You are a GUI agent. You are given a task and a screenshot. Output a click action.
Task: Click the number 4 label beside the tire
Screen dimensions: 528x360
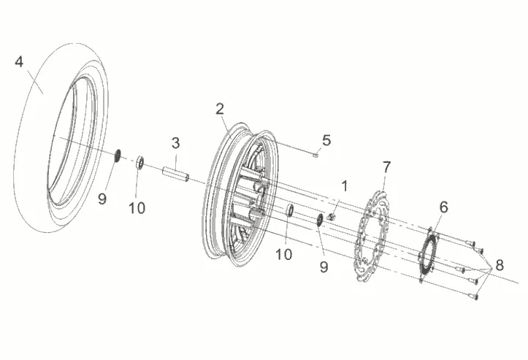19,62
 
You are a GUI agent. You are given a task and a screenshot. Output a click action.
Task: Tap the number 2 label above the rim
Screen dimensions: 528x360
220,109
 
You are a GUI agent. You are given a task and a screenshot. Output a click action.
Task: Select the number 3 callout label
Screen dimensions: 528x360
175,143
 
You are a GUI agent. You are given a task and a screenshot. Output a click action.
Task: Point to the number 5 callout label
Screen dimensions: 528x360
326,140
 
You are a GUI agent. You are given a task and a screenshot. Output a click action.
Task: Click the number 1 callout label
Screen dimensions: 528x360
345,186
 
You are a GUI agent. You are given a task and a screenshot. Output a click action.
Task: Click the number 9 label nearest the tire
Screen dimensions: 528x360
102,199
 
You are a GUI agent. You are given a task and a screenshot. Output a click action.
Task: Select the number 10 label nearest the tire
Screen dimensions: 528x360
137,208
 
